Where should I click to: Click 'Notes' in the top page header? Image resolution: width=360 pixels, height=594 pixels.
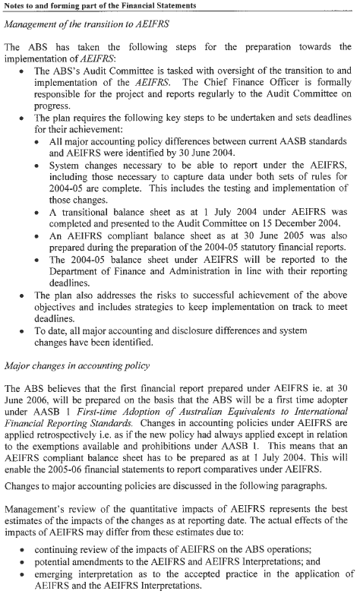coord(16,6)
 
